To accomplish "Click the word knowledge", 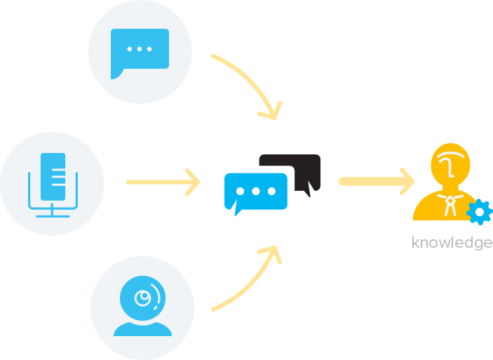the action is pyautogui.click(x=452, y=243).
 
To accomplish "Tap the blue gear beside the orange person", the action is pyautogui.click(x=480, y=212).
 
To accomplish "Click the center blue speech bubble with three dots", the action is pyautogui.click(x=256, y=192).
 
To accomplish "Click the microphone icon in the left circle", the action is pyautogui.click(x=53, y=185).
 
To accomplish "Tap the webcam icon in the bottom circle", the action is pyautogui.click(x=143, y=306).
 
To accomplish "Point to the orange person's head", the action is pyautogui.click(x=450, y=165).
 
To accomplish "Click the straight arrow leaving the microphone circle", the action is pyautogui.click(x=163, y=182).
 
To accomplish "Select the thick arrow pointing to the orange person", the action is pyautogui.click(x=377, y=182).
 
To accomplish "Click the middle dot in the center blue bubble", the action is pyautogui.click(x=256, y=191).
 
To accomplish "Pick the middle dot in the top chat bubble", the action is pyautogui.click(x=140, y=49).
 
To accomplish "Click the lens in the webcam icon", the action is pyautogui.click(x=143, y=298).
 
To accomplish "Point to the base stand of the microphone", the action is pyautogui.click(x=53, y=214).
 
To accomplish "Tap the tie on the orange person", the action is pyautogui.click(x=450, y=206).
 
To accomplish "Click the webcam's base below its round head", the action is pyautogui.click(x=143, y=329).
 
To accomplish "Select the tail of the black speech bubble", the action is pyautogui.click(x=309, y=189).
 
